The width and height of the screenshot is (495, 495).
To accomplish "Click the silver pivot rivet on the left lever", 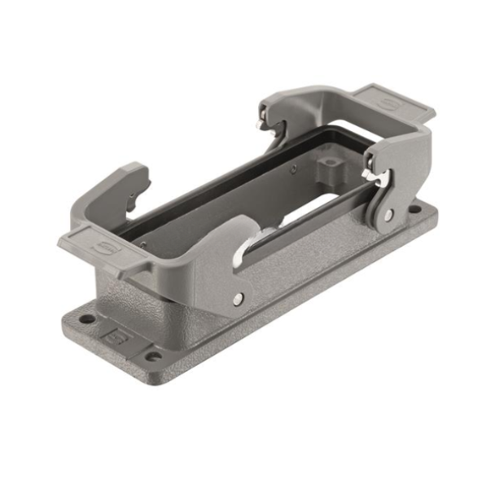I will [237, 300].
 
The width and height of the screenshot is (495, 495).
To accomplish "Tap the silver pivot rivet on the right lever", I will [388, 214].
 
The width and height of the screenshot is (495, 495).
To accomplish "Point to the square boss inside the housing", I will [331, 170].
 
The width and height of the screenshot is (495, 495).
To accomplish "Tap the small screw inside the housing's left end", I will [143, 242].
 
